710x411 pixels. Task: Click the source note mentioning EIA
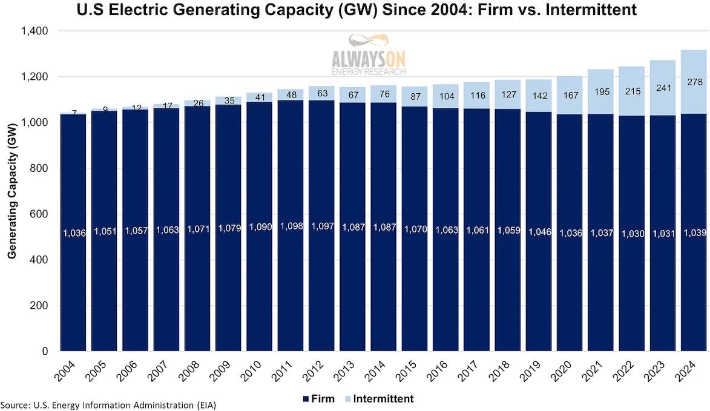108,404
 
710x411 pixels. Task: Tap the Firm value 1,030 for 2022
631,234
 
